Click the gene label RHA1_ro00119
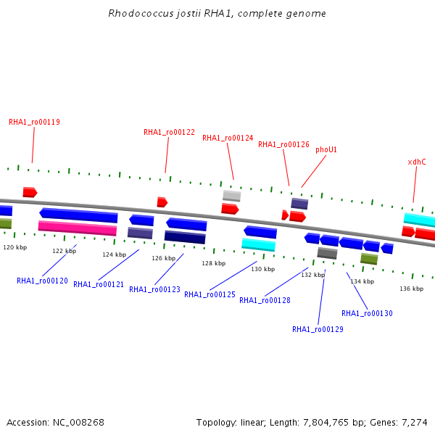[x=34, y=122]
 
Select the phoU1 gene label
[x=326, y=150]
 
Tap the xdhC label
[x=417, y=162]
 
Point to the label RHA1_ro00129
[x=318, y=329]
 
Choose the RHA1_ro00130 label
[x=367, y=313]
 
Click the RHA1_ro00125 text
[x=210, y=294]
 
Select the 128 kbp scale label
[x=214, y=263]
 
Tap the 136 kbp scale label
[x=411, y=289]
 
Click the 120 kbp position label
[x=15, y=247]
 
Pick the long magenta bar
[x=78, y=228]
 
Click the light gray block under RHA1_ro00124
[x=232, y=196]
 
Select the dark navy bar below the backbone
[x=185, y=237]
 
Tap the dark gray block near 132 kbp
[x=328, y=253]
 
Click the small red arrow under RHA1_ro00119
[x=30, y=192]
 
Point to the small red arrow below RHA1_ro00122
[x=162, y=202]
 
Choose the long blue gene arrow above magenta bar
[x=78, y=215]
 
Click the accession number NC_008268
[x=78, y=423]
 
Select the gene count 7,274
[x=415, y=423]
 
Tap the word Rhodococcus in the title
[x=141, y=13]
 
